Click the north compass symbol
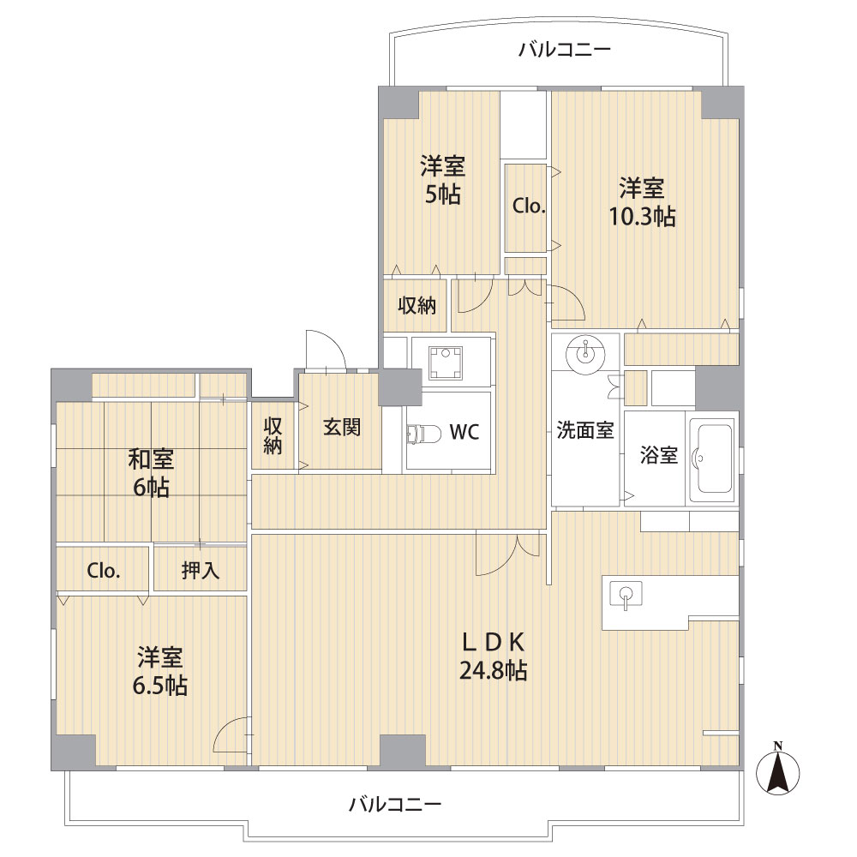777,770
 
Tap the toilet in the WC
425,434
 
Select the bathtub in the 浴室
711,459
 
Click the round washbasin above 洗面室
585,352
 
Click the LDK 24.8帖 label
494,656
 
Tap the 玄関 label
342,427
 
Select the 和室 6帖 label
151,473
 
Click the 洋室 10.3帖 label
642,202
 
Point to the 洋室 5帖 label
443,180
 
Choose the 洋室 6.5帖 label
159,671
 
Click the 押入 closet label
201,571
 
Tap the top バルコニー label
565,51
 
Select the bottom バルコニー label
395,805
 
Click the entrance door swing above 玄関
326,350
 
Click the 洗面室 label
584,431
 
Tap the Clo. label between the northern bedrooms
529,206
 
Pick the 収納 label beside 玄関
273,435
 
